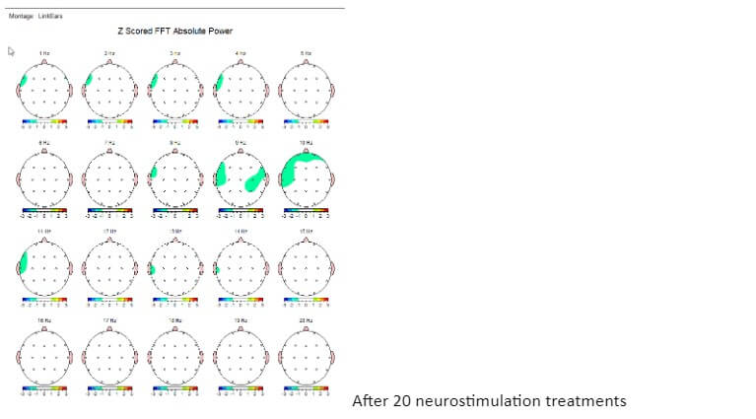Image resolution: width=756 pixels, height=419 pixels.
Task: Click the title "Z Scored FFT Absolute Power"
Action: (x=175, y=32)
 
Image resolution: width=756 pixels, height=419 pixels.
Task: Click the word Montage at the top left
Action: (x=20, y=15)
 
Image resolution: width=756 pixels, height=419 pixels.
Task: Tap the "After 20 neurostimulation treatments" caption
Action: (x=489, y=401)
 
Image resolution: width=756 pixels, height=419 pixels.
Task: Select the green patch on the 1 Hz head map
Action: (x=24, y=80)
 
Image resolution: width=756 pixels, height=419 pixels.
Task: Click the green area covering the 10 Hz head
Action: (x=298, y=168)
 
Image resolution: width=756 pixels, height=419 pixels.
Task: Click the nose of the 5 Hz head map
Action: (x=307, y=59)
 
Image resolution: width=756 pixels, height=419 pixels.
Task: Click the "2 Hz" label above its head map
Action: (x=109, y=52)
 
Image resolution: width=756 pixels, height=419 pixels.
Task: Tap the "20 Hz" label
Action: (x=307, y=320)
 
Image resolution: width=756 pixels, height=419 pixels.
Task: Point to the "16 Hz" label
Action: (x=44, y=320)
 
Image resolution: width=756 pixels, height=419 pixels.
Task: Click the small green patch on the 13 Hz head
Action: (x=154, y=269)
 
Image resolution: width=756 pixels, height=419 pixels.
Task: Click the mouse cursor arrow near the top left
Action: (x=12, y=51)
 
